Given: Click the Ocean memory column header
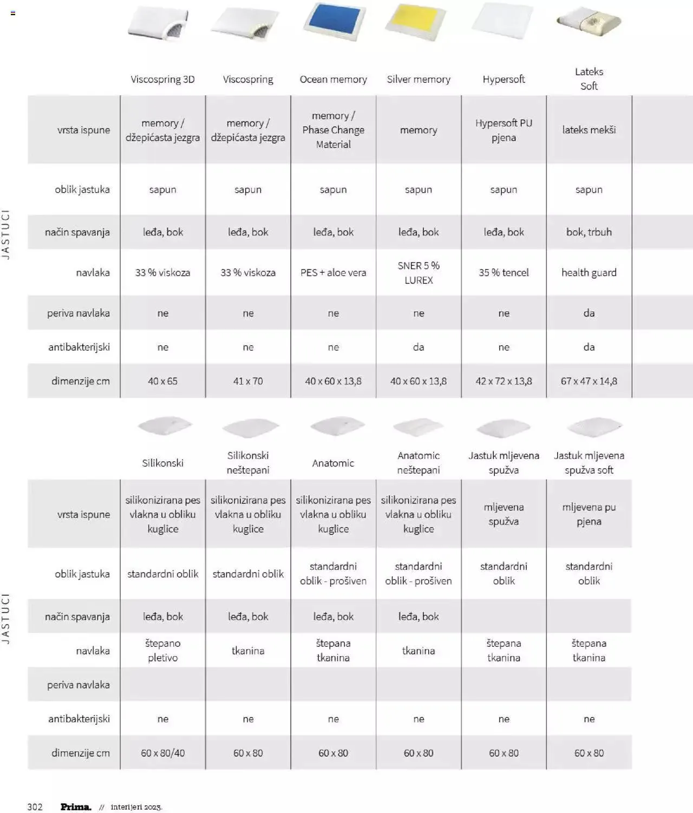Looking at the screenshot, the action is (333, 79).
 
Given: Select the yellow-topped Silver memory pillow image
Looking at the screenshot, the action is (416, 22).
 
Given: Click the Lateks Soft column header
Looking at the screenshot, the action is (589, 78).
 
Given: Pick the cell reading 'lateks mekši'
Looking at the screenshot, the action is (589, 130).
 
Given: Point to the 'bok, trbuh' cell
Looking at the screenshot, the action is (589, 232).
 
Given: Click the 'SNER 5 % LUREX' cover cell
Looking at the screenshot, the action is (419, 273).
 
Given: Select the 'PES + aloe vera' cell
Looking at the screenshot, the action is (333, 273).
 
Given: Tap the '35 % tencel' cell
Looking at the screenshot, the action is (504, 273).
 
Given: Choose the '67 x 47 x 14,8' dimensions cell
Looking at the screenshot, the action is (589, 381).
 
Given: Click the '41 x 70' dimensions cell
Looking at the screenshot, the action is (248, 381).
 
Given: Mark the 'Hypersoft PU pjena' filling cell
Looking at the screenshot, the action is (504, 130).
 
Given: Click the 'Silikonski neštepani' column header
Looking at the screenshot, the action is (248, 463).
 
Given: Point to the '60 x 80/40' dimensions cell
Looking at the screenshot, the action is (163, 753).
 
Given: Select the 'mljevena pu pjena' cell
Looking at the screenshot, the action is (589, 514).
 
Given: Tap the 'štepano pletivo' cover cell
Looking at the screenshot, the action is (163, 651).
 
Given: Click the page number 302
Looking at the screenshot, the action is (35, 807).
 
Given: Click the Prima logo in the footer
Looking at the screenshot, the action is (76, 807).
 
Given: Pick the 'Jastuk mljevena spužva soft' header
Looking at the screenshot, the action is (589, 463).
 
